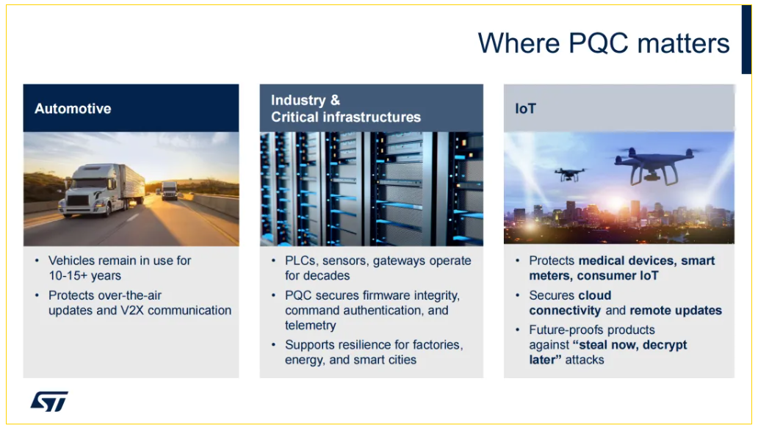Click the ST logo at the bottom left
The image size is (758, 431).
49,401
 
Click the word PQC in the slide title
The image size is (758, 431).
599,43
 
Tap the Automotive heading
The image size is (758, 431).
73,108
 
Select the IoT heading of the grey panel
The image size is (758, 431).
525,108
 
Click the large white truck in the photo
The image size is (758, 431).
103,189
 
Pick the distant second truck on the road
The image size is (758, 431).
169,190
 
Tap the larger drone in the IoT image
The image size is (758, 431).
654,165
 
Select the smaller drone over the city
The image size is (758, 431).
569,174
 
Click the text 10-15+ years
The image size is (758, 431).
84,275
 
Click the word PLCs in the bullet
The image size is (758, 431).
300,261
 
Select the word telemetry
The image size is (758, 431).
311,325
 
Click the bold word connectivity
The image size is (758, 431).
565,310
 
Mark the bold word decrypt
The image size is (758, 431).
665,345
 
